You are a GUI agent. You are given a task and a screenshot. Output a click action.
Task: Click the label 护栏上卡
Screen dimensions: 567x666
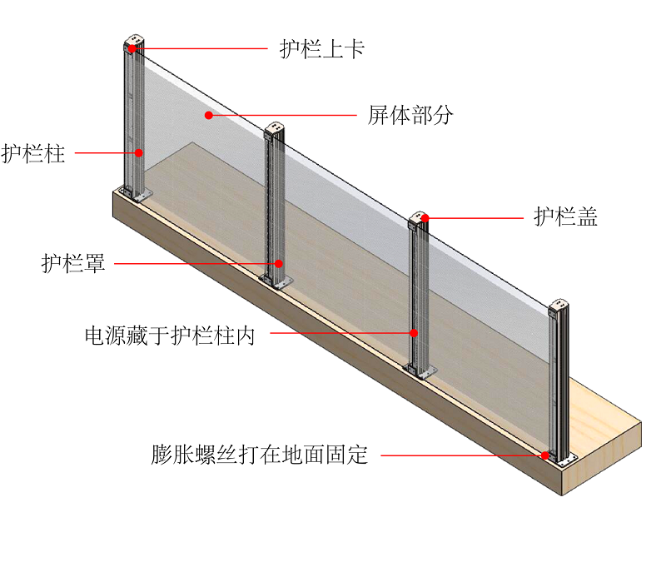(x=322, y=49)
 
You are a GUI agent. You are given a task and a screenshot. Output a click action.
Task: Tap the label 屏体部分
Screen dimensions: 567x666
(x=410, y=115)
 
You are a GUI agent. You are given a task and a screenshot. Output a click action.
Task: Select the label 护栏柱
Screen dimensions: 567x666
(x=33, y=153)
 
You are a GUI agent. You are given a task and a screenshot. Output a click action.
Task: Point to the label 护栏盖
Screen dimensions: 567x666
(x=566, y=218)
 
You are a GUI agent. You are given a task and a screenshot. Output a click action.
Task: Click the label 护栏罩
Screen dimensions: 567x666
(x=73, y=264)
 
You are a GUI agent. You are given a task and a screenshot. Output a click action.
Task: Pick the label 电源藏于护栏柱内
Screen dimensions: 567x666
(x=170, y=335)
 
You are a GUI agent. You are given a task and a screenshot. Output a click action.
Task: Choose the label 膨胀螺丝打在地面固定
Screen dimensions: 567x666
(x=260, y=455)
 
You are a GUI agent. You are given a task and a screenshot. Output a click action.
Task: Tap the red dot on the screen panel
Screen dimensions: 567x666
(x=209, y=115)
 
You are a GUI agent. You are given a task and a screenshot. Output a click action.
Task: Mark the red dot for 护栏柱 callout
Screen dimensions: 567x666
(x=140, y=152)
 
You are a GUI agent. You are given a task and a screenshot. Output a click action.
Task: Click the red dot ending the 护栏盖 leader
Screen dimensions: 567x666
(x=424, y=219)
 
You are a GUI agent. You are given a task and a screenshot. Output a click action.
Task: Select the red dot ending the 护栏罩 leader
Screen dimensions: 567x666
(x=279, y=264)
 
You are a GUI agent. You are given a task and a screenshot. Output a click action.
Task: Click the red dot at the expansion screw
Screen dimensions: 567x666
(x=545, y=455)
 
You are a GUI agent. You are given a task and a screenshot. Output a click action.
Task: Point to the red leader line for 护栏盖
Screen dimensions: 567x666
(x=478, y=219)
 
